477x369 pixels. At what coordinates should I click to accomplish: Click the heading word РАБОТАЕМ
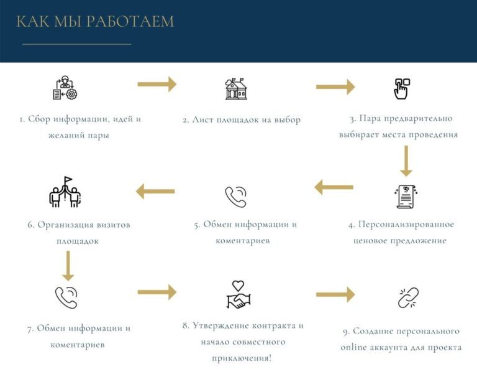130,21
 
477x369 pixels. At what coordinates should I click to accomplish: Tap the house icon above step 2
236,88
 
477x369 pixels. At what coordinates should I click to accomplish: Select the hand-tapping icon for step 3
402,88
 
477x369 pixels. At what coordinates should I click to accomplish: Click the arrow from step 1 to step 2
157,84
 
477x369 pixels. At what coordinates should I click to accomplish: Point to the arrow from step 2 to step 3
335,87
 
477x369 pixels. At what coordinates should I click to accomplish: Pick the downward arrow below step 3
406,161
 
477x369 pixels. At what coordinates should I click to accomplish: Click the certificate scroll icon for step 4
406,197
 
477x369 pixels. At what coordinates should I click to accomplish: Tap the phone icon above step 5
236,197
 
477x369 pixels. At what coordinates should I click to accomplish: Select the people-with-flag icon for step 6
65,192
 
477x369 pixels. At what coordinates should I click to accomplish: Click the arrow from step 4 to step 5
334,187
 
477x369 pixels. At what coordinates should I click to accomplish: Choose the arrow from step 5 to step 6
155,192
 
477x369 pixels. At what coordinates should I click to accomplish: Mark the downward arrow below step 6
68,266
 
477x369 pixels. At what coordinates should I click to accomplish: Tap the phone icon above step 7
66,297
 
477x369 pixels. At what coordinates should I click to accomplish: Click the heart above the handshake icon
238,286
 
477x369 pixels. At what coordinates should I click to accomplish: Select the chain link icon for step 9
408,297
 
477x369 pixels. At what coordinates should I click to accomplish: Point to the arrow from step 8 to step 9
335,294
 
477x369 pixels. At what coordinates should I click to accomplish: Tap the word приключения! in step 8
242,358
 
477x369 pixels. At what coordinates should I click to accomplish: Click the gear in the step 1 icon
71,94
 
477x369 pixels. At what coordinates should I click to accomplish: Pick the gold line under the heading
77,44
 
